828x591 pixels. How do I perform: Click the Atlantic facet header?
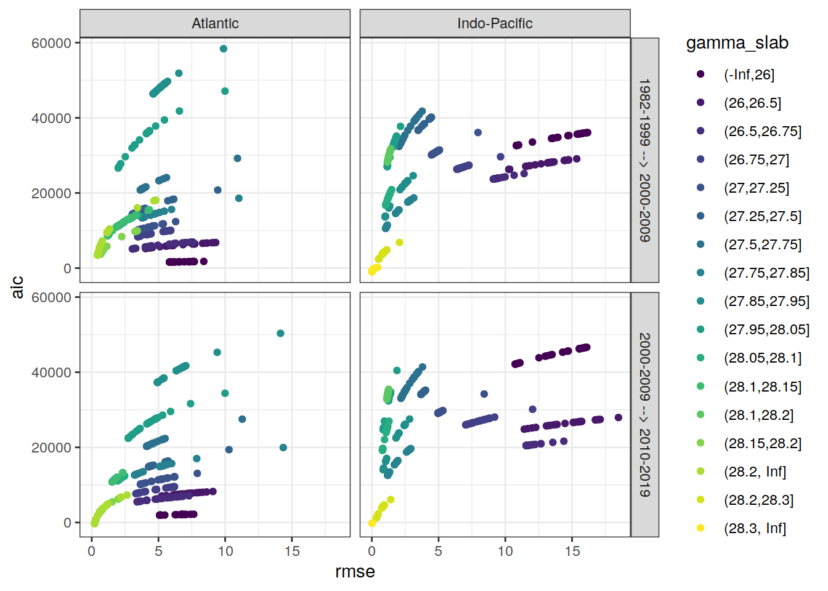[x=215, y=23]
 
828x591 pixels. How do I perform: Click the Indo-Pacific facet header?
[x=495, y=23]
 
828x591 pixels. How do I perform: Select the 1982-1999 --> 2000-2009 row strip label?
[x=644, y=160]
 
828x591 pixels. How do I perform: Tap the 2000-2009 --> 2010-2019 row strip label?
[x=644, y=414]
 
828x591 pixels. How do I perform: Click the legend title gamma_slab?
[x=737, y=42]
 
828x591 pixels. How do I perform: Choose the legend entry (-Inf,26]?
[x=749, y=74]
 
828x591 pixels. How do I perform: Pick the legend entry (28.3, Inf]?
[x=755, y=528]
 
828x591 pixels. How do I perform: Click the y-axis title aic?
[x=17, y=287]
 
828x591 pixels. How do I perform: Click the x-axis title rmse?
[x=355, y=572]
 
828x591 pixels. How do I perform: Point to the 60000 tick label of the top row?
[x=51, y=43]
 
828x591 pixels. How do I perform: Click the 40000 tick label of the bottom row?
[x=51, y=372]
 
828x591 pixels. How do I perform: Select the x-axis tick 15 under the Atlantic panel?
[x=292, y=551]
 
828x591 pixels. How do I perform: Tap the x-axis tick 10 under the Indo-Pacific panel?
[x=505, y=551]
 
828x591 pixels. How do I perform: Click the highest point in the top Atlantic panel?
[x=224, y=49]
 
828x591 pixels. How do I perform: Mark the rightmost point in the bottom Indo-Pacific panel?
[x=619, y=417]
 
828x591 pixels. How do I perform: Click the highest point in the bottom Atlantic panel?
[x=280, y=333]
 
